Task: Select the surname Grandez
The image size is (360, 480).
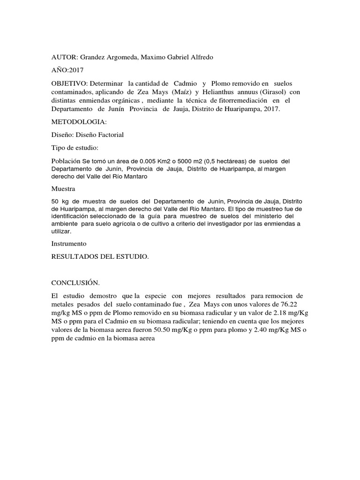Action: click(93, 57)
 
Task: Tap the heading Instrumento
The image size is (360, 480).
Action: click(69, 244)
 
